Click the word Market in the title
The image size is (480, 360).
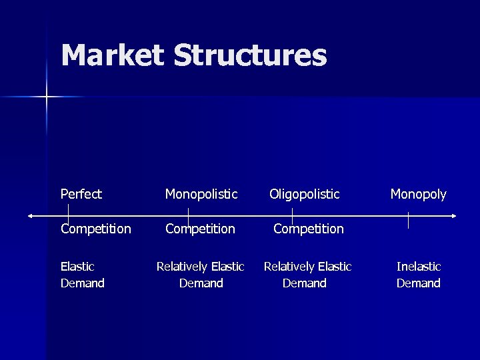click(x=112, y=55)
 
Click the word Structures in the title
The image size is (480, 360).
click(x=250, y=55)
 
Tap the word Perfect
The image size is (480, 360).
click(x=81, y=194)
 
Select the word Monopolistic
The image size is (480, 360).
click(x=201, y=194)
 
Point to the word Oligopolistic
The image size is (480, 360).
click(x=304, y=194)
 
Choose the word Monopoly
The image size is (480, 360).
click(x=418, y=194)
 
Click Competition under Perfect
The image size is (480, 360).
click(x=95, y=229)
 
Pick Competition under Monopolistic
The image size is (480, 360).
click(x=200, y=229)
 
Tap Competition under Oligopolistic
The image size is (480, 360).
click(x=309, y=229)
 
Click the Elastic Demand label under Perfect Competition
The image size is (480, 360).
click(x=82, y=275)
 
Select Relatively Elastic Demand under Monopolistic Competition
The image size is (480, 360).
click(x=200, y=275)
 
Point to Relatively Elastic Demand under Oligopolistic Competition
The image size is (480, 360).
click(x=307, y=275)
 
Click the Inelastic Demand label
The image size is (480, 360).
click(x=418, y=275)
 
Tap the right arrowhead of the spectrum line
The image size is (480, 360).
click(x=453, y=215)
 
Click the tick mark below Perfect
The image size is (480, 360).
click(x=68, y=215)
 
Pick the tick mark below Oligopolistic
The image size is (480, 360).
click(x=292, y=215)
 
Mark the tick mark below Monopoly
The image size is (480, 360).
click(x=407, y=220)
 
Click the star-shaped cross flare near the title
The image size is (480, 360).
click(x=47, y=97)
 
